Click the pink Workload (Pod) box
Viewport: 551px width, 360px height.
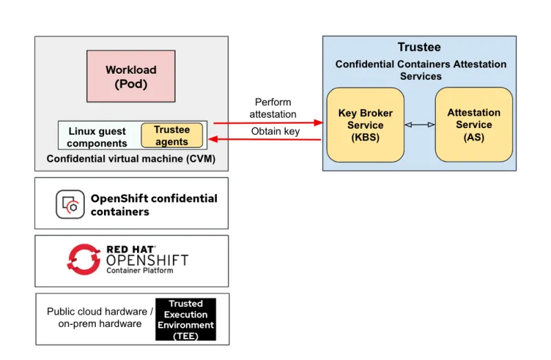(x=131, y=77)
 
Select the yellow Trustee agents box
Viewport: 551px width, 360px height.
(x=171, y=136)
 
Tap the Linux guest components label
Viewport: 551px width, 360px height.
(x=97, y=137)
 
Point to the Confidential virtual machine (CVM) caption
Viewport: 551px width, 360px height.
(x=131, y=159)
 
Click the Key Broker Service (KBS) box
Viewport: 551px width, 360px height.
(x=365, y=125)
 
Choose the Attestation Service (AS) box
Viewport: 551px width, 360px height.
(x=474, y=125)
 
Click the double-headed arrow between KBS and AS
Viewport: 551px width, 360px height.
(x=419, y=125)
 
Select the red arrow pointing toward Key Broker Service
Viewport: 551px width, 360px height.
(x=269, y=123)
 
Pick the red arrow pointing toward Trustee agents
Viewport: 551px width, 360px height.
(x=265, y=140)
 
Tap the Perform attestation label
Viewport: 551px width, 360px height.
(x=273, y=108)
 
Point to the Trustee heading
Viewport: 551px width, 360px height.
(x=419, y=47)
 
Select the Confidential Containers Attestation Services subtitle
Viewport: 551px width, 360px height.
(x=420, y=70)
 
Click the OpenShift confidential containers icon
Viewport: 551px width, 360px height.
(x=70, y=204)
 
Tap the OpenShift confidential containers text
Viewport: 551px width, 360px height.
(x=154, y=204)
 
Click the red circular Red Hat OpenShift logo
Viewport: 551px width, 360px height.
(x=84, y=260)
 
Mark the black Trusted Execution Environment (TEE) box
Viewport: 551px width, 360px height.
(x=185, y=319)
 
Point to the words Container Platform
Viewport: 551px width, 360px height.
(x=139, y=271)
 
